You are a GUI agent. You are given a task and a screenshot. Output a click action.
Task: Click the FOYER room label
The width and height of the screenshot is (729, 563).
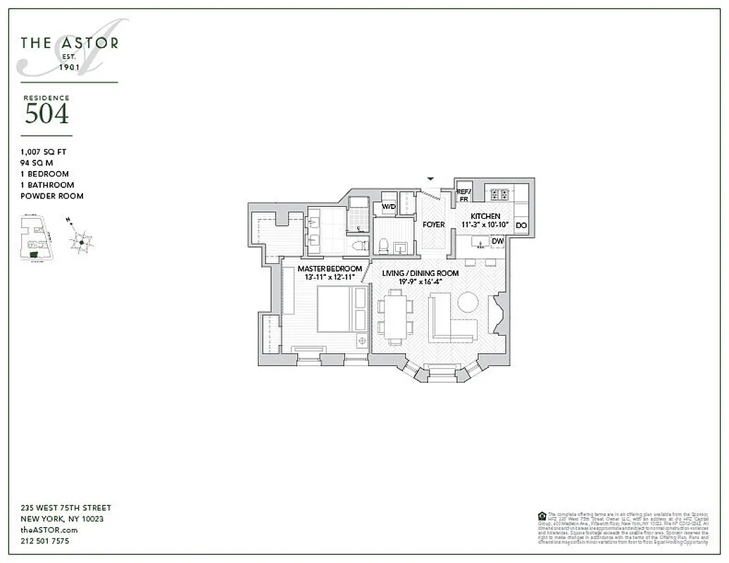434,224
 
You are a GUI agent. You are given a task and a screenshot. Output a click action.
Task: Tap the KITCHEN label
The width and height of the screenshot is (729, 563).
485,216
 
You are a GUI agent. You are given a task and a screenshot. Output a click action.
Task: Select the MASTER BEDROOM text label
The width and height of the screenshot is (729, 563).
330,269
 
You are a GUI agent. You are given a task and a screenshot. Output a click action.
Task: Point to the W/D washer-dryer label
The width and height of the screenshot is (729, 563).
388,208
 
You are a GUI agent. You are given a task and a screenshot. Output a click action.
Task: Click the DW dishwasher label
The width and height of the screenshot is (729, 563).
498,241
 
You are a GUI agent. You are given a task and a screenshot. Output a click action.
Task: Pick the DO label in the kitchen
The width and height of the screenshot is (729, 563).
521,225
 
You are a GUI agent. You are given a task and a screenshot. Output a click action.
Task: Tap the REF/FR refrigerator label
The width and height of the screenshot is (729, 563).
463,195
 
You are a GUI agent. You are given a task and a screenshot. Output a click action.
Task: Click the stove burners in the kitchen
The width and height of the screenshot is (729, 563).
499,194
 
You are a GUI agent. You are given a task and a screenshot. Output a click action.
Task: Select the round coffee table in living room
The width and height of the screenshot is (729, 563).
468,303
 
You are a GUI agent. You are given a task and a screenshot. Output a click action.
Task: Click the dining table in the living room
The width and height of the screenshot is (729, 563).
394,317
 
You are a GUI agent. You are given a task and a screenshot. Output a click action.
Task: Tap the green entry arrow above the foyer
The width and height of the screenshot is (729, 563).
431,179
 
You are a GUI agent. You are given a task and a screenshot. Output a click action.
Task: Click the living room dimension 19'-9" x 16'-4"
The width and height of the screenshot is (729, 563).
420,281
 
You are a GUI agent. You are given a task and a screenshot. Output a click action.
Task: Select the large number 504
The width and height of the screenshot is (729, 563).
46,114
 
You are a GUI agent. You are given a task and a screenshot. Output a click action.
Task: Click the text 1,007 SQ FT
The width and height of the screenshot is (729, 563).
44,151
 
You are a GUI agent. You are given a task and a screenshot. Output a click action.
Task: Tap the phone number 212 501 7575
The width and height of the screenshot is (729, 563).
45,541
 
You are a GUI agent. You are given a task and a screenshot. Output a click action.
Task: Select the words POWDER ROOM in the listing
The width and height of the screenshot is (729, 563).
52,196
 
